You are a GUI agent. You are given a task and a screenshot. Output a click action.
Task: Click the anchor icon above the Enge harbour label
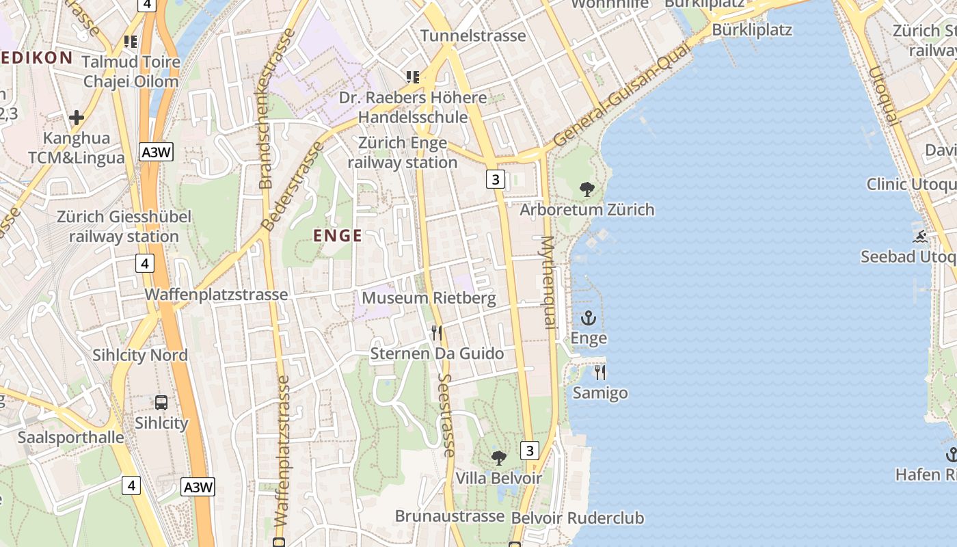[x=589, y=318]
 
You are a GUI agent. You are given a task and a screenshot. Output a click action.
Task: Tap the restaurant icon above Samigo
[x=600, y=373]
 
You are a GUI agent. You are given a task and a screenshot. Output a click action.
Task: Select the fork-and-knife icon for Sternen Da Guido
[x=437, y=333]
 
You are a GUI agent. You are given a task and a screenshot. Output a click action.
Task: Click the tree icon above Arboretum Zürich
[x=587, y=189]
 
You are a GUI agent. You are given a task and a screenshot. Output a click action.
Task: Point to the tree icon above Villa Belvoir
[x=499, y=457]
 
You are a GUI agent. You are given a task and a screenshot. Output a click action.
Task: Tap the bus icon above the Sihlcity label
[x=161, y=403]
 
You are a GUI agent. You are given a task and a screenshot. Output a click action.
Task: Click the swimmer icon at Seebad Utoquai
[x=921, y=237]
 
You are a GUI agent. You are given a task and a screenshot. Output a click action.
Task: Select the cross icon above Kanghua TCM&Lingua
[x=77, y=118]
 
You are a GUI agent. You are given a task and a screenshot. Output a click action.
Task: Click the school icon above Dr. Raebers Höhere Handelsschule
[x=412, y=77]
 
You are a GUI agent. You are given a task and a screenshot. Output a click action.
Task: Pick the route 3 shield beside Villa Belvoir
[x=530, y=450]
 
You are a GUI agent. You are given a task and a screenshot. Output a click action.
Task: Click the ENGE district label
[x=338, y=236]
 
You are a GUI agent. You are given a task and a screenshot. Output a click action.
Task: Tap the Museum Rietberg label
[x=429, y=298]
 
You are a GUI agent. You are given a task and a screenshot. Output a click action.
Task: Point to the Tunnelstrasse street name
[x=473, y=36]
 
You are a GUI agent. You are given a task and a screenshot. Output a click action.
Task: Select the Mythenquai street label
[x=549, y=282]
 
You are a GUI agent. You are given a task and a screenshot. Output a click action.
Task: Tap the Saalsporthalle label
[x=71, y=438]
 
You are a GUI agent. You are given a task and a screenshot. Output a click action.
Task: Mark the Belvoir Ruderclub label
[x=578, y=518]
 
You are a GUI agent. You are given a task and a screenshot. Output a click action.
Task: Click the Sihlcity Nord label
[x=140, y=356]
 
